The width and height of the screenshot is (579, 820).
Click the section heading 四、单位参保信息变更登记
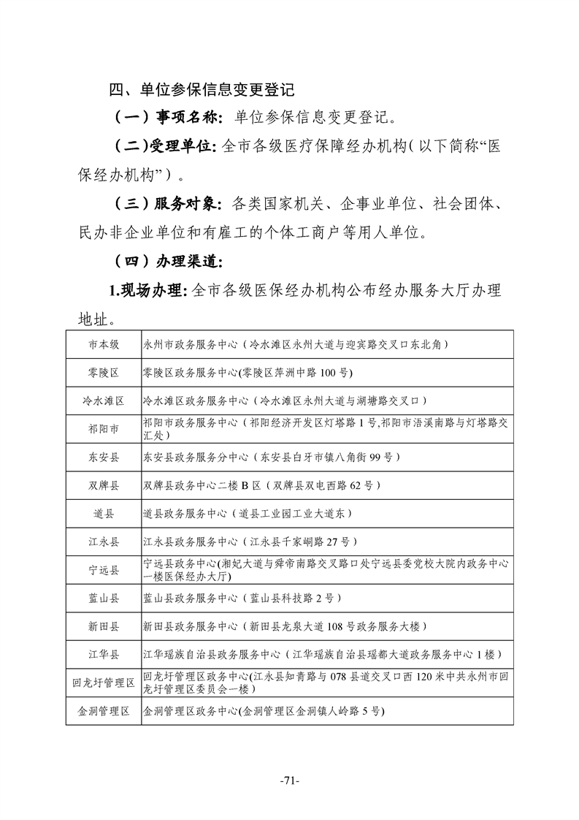202,91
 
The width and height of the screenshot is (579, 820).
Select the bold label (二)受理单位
164,146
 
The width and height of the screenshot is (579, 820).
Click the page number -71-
290,781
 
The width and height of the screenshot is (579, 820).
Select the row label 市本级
104,344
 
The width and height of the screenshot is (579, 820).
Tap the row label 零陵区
104,373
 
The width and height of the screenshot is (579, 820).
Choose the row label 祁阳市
104,429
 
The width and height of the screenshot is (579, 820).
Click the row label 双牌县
104,485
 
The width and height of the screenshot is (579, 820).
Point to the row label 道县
104,514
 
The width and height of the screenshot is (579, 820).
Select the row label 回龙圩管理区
104,683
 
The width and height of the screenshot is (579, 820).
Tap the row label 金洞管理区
104,711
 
